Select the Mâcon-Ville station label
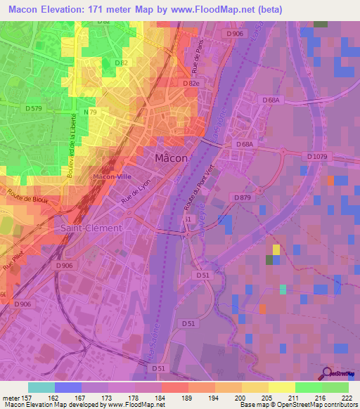[x=113, y=176]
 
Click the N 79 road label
[x=90, y=112]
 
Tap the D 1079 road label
[x=319, y=155]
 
